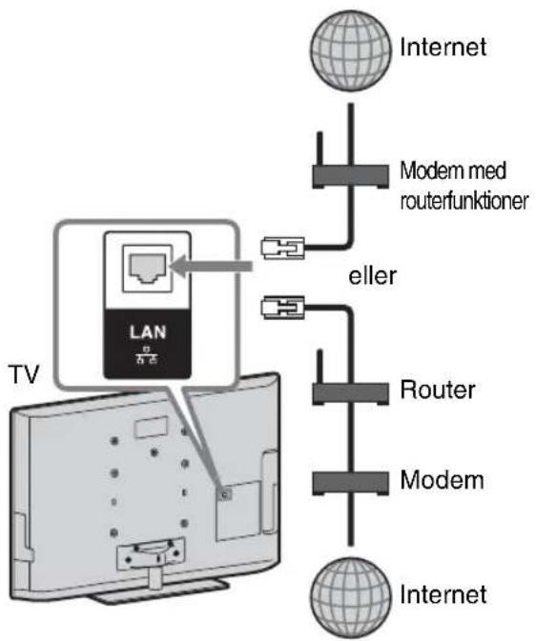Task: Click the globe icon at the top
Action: coord(350,50)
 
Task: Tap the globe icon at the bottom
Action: coord(350,597)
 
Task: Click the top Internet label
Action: coord(443,47)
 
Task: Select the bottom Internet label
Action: coord(443,594)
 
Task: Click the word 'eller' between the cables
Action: coord(372,276)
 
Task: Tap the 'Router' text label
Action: coord(438,390)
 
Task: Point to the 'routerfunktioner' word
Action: coord(464,201)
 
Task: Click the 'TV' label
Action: coord(24,374)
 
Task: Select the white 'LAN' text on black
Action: coord(148,332)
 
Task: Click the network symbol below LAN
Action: coord(147,355)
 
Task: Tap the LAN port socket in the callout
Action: coord(148,269)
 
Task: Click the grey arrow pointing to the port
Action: coord(212,266)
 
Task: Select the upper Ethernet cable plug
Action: coord(283,248)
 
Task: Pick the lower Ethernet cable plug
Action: coord(283,308)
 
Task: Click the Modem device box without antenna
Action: coord(350,483)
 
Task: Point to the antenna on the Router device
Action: coord(320,367)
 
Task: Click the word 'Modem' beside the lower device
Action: coord(443,480)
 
